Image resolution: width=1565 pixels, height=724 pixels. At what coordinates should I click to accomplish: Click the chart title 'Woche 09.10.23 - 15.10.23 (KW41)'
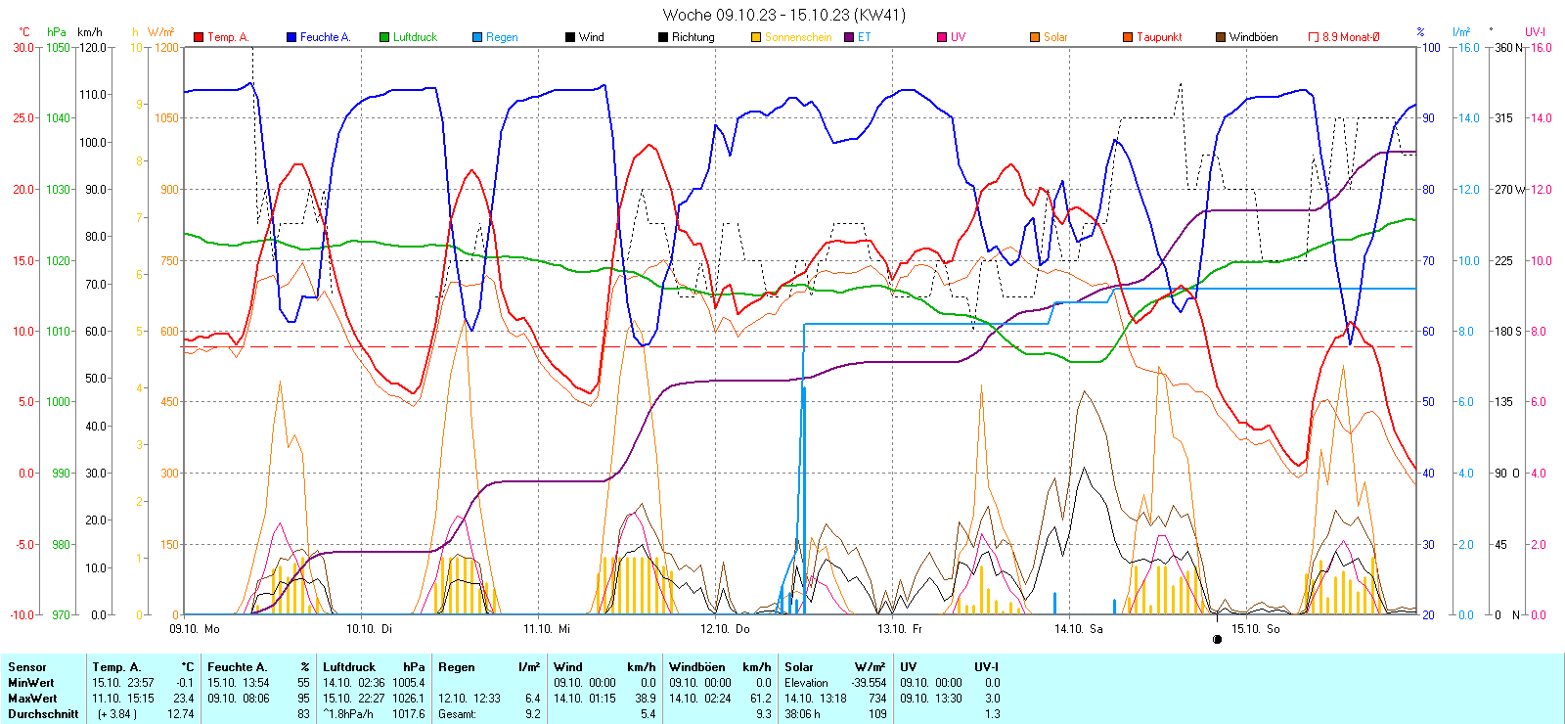pyautogui.click(x=783, y=15)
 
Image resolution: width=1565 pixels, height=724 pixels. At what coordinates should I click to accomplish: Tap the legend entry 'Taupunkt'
pyautogui.click(x=1158, y=37)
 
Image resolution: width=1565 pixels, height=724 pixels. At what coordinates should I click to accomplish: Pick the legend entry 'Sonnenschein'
pyautogui.click(x=797, y=37)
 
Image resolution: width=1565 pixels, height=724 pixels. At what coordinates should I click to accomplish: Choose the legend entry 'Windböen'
pyautogui.click(x=1252, y=37)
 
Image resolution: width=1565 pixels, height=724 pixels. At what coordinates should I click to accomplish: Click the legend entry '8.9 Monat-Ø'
pyautogui.click(x=1350, y=37)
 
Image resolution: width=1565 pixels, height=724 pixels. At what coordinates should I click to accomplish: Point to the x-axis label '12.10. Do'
pyautogui.click(x=725, y=629)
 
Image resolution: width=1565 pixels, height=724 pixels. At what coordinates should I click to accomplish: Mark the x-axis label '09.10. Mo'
pyautogui.click(x=195, y=629)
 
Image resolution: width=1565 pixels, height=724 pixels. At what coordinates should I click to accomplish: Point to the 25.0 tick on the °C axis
pyautogui.click(x=22, y=118)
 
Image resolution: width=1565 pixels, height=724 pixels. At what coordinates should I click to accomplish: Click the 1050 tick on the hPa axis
pyautogui.click(x=59, y=47)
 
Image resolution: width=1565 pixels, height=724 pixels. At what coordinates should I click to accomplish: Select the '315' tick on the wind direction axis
pyautogui.click(x=1503, y=118)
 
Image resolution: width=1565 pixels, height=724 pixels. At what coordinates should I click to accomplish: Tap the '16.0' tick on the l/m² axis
pyautogui.click(x=1468, y=47)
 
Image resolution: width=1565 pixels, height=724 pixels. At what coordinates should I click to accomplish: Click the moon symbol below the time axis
pyautogui.click(x=1217, y=640)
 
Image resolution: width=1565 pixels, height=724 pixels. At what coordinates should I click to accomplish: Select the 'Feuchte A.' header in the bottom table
pyautogui.click(x=237, y=667)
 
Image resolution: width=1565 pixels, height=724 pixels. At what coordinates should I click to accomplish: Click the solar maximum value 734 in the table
pyautogui.click(x=876, y=699)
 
